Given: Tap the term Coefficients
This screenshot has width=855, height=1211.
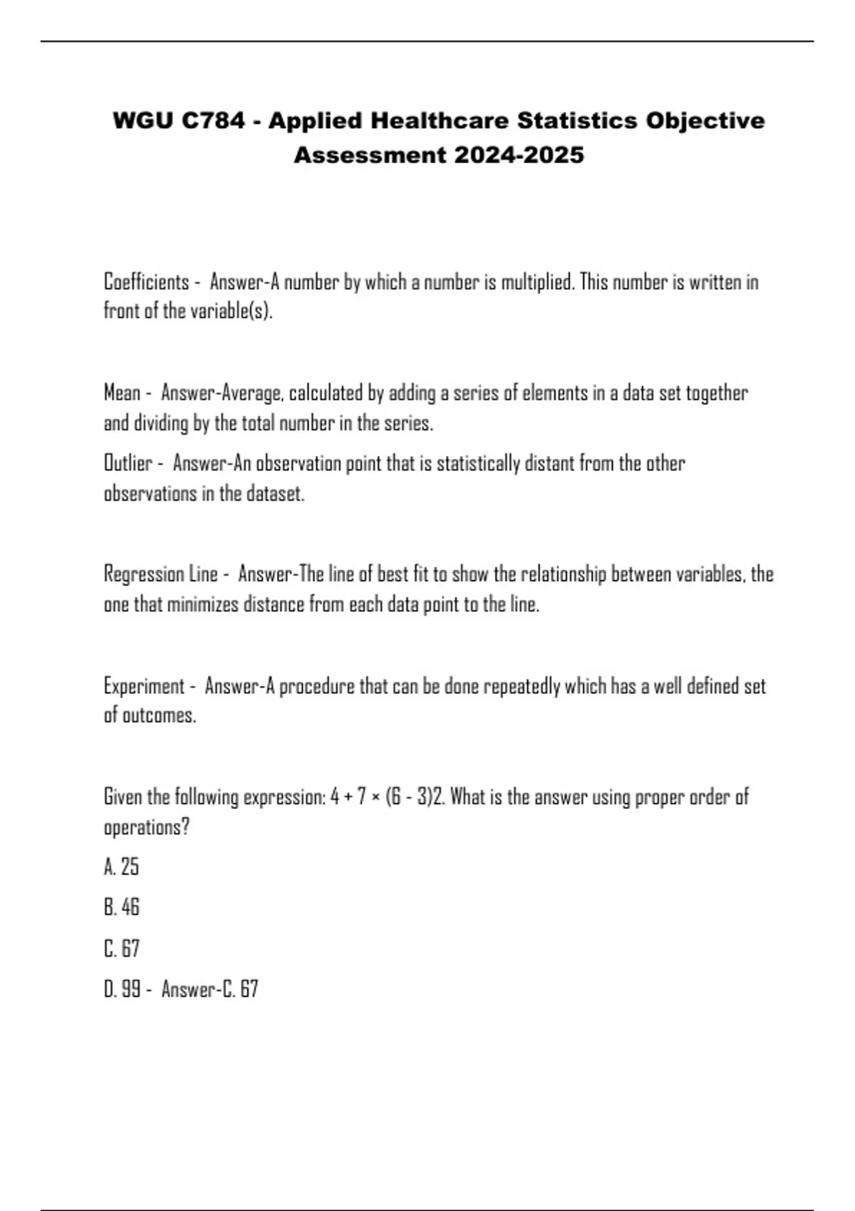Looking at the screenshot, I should [x=147, y=282].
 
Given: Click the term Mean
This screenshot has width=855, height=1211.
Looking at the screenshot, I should [x=122, y=393].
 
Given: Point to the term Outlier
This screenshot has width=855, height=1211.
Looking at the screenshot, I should [x=128, y=464].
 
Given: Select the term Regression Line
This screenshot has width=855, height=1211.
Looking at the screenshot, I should [x=161, y=574].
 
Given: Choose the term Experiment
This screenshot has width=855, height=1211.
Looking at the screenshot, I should [x=144, y=686].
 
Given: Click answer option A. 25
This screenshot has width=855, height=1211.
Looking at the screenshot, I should [x=121, y=867].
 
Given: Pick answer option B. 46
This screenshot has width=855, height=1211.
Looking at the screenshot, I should [x=121, y=908].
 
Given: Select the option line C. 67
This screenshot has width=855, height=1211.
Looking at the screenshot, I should [x=121, y=949].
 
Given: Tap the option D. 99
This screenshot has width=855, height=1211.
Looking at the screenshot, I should [x=122, y=989].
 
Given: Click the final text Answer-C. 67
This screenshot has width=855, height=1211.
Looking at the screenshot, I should [x=209, y=989].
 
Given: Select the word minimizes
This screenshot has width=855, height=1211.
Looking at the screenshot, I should [x=202, y=605].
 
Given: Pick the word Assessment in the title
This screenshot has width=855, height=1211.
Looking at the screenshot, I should [x=370, y=155].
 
